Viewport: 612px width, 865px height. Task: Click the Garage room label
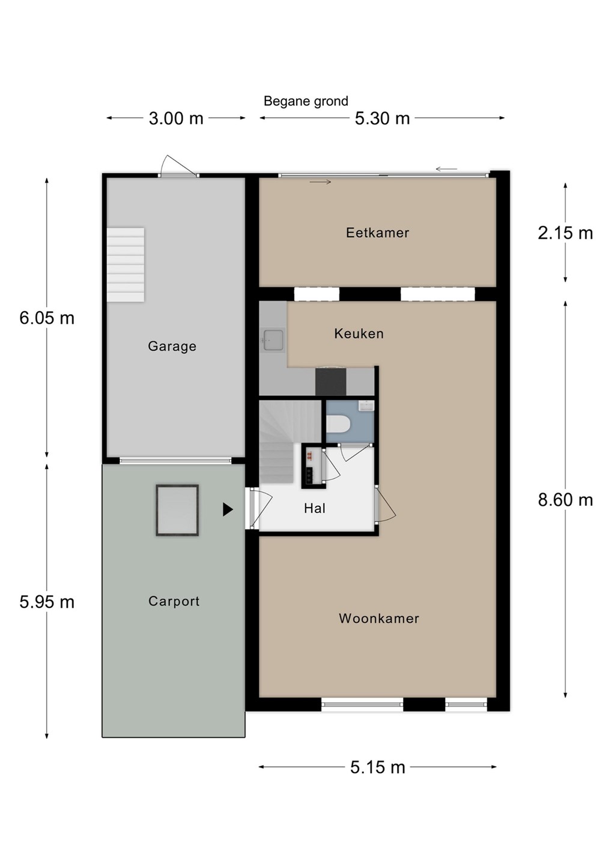[x=172, y=346]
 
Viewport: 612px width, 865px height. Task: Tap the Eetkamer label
[x=377, y=232]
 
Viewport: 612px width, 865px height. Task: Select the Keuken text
[x=359, y=333]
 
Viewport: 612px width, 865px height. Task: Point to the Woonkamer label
[x=379, y=618]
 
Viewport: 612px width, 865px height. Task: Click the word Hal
[x=314, y=508]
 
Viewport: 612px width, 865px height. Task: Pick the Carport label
[x=174, y=601]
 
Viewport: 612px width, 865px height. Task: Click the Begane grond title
[x=306, y=101]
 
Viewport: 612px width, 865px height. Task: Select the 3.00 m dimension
[x=176, y=118]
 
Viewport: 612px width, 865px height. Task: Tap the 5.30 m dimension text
[x=382, y=118]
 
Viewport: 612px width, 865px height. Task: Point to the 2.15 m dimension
[x=565, y=233]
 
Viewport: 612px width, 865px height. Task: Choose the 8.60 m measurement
[x=565, y=500]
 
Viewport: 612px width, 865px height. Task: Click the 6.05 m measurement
[x=47, y=318]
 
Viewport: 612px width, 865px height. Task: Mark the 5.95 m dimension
[x=47, y=602]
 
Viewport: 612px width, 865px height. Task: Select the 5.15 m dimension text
[x=378, y=767]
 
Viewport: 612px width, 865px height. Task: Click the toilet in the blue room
[x=338, y=424]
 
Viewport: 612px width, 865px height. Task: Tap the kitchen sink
[x=273, y=340]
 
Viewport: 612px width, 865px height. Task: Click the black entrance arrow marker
[x=228, y=510]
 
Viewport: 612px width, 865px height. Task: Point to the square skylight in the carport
[x=177, y=510]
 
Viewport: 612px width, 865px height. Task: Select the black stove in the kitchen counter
[x=330, y=382]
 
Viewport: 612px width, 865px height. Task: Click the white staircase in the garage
[x=126, y=265]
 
